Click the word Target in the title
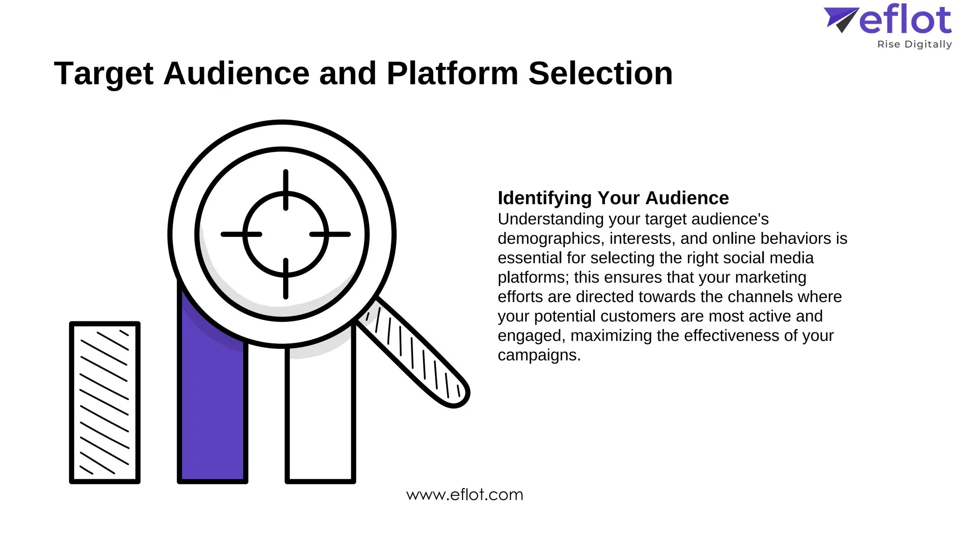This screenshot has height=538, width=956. [x=104, y=74]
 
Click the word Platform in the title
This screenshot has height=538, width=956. [x=452, y=74]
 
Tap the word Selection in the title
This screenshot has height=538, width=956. [x=600, y=74]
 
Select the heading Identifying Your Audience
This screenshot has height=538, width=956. [x=613, y=198]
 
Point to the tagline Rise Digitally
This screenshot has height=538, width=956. [x=914, y=44]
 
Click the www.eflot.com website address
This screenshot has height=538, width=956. [x=464, y=495]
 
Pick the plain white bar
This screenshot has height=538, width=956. [x=320, y=420]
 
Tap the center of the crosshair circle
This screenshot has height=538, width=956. [x=286, y=234]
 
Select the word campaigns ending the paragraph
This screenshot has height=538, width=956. [x=539, y=355]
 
